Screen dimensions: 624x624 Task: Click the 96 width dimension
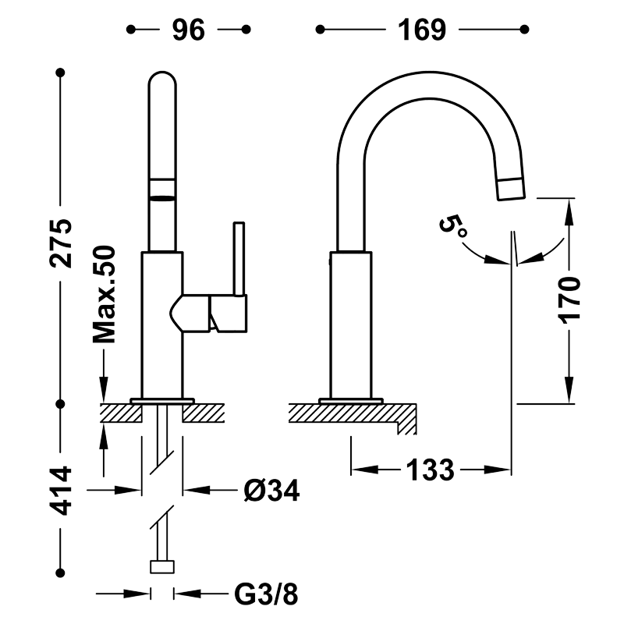(x=189, y=30)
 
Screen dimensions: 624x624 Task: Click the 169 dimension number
(x=422, y=30)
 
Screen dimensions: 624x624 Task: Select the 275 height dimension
(x=61, y=243)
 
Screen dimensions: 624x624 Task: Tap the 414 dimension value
(x=61, y=491)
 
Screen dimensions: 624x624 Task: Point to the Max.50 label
(x=105, y=295)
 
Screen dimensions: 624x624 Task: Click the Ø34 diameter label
(x=271, y=491)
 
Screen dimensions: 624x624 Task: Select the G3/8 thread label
(x=266, y=595)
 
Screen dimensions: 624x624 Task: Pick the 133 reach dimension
(x=430, y=470)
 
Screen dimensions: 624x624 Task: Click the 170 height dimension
(x=569, y=300)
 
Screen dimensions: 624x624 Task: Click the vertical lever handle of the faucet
(x=239, y=259)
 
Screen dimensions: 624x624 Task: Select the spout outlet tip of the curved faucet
(x=512, y=189)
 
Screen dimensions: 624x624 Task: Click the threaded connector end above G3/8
(x=162, y=567)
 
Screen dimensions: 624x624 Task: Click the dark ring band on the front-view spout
(x=162, y=197)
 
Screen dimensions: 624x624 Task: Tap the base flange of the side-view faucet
(x=351, y=401)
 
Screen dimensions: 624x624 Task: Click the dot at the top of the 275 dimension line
(x=61, y=73)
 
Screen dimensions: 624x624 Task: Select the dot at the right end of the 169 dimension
(x=524, y=30)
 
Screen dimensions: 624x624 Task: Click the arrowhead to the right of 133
(x=498, y=470)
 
